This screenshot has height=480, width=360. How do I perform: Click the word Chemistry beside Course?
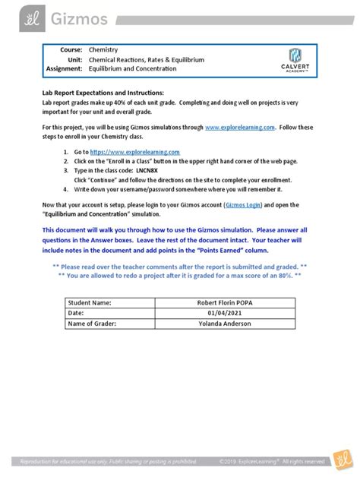[103, 49]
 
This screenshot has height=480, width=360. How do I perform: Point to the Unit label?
[73, 59]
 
